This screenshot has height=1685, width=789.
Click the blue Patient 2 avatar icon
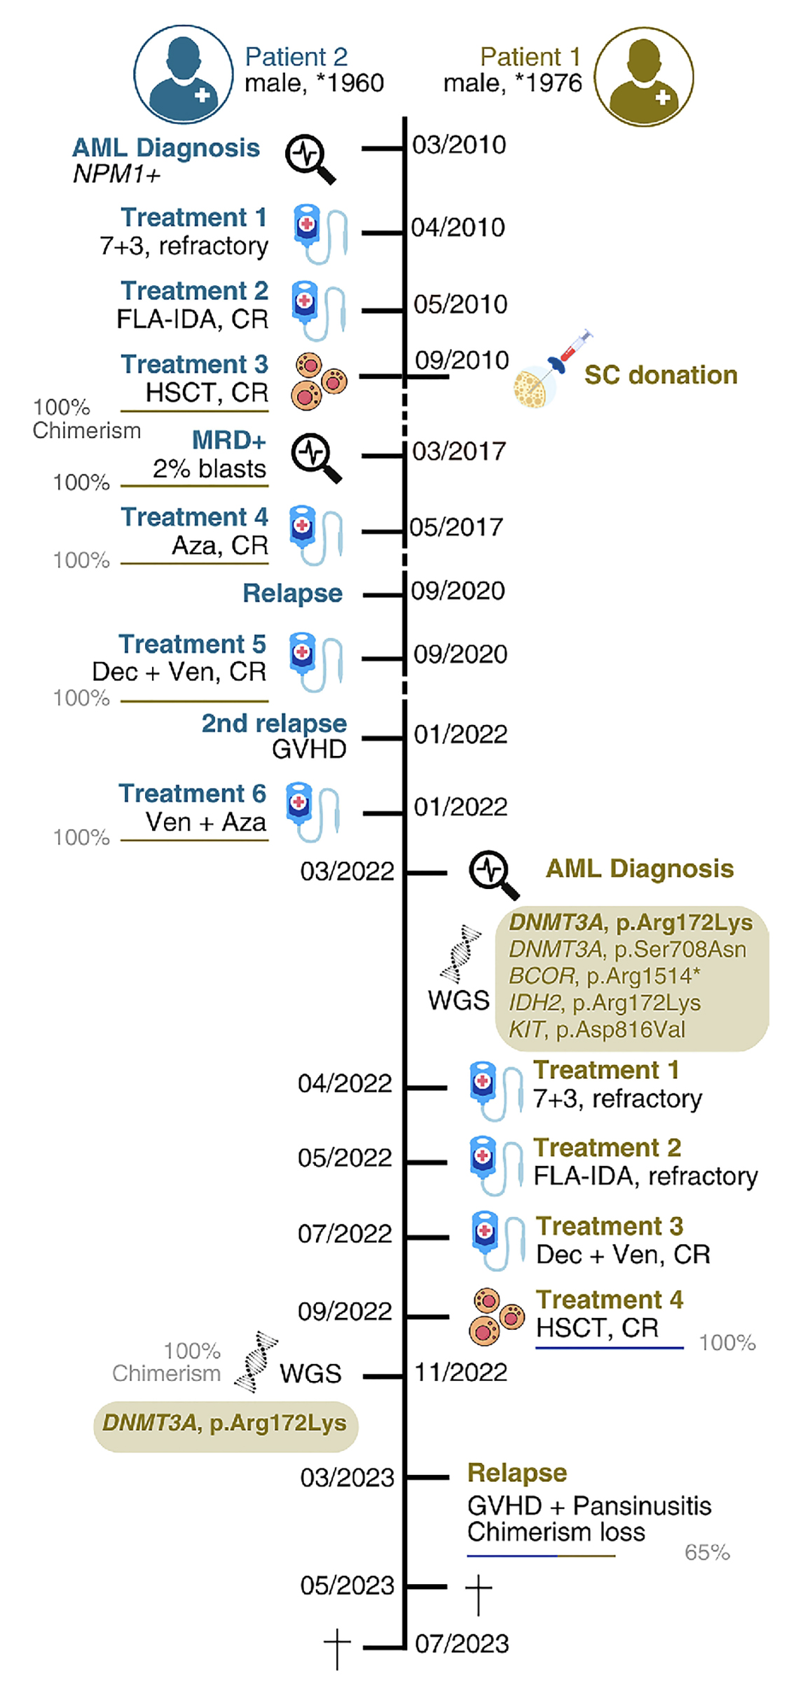click(x=183, y=74)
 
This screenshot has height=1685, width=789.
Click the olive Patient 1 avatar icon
click(x=643, y=76)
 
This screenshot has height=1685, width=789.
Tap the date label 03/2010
click(x=459, y=145)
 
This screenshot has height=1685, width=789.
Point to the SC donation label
click(x=661, y=376)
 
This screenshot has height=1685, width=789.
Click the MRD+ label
click(x=229, y=440)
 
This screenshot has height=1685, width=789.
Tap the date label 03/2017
click(x=459, y=452)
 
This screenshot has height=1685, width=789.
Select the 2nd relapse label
click(x=274, y=723)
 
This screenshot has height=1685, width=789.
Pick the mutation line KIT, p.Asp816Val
click(x=597, y=1029)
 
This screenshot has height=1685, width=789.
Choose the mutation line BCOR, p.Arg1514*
click(x=604, y=976)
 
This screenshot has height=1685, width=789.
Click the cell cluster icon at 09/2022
click(x=496, y=1316)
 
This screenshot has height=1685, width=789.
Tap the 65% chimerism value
click(x=707, y=1553)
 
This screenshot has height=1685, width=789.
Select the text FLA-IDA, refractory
click(x=645, y=1176)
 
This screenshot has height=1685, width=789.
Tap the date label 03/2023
click(x=348, y=1478)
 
